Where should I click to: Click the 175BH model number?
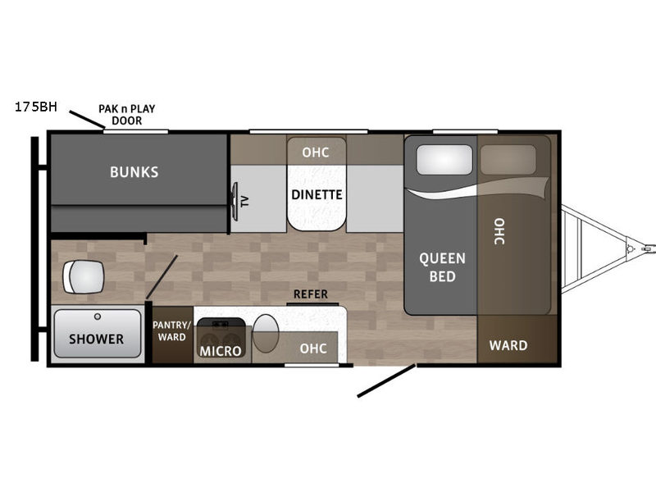coord(36,107)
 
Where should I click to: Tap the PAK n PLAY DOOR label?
coord(127,115)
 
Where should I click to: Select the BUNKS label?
coord(134,172)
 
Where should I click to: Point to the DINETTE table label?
coord(317,194)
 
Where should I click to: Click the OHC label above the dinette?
coord(316,153)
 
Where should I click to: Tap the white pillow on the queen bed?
coord(444,159)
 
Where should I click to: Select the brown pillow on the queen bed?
coord(508,159)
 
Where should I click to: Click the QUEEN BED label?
coord(442,267)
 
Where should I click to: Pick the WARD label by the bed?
coord(508,345)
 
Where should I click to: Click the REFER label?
coord(311,294)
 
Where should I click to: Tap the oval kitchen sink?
coord(266,334)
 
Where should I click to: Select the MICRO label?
coord(221,351)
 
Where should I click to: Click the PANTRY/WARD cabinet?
coord(172,335)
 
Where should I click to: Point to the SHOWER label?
coord(96,339)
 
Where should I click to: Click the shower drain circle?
coord(98,317)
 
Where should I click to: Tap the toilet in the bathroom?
coord(84,277)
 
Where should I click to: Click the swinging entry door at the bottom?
coord(386,380)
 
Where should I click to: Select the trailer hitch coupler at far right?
coord(649,248)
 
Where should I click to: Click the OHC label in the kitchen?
coord(313,348)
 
